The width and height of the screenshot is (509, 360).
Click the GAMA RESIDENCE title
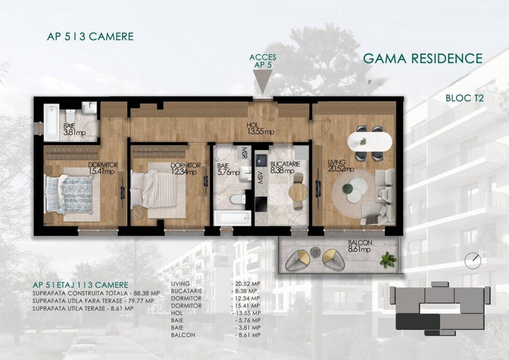pos(423,59)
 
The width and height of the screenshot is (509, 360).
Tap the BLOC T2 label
pos(465,98)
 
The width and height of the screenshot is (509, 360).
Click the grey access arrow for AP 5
pos(262,81)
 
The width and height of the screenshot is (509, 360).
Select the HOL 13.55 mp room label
pos(260,129)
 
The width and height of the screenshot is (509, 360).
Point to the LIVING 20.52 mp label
pos(341,166)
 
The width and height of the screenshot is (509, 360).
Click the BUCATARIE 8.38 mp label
pos(285,168)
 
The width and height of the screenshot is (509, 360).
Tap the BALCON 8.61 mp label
pos(359,246)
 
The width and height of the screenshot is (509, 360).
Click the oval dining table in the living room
pos(369,142)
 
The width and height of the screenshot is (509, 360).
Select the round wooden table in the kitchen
pos(298,192)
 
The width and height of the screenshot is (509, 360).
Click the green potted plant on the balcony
pos(388,260)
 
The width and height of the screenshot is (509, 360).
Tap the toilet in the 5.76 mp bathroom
pos(238,199)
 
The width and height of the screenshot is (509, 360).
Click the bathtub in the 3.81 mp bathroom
pos(52,122)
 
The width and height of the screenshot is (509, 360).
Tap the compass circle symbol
pos(473,260)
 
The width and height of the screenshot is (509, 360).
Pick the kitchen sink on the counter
pos(260,160)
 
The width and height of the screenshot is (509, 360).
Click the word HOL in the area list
pos(177,313)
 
